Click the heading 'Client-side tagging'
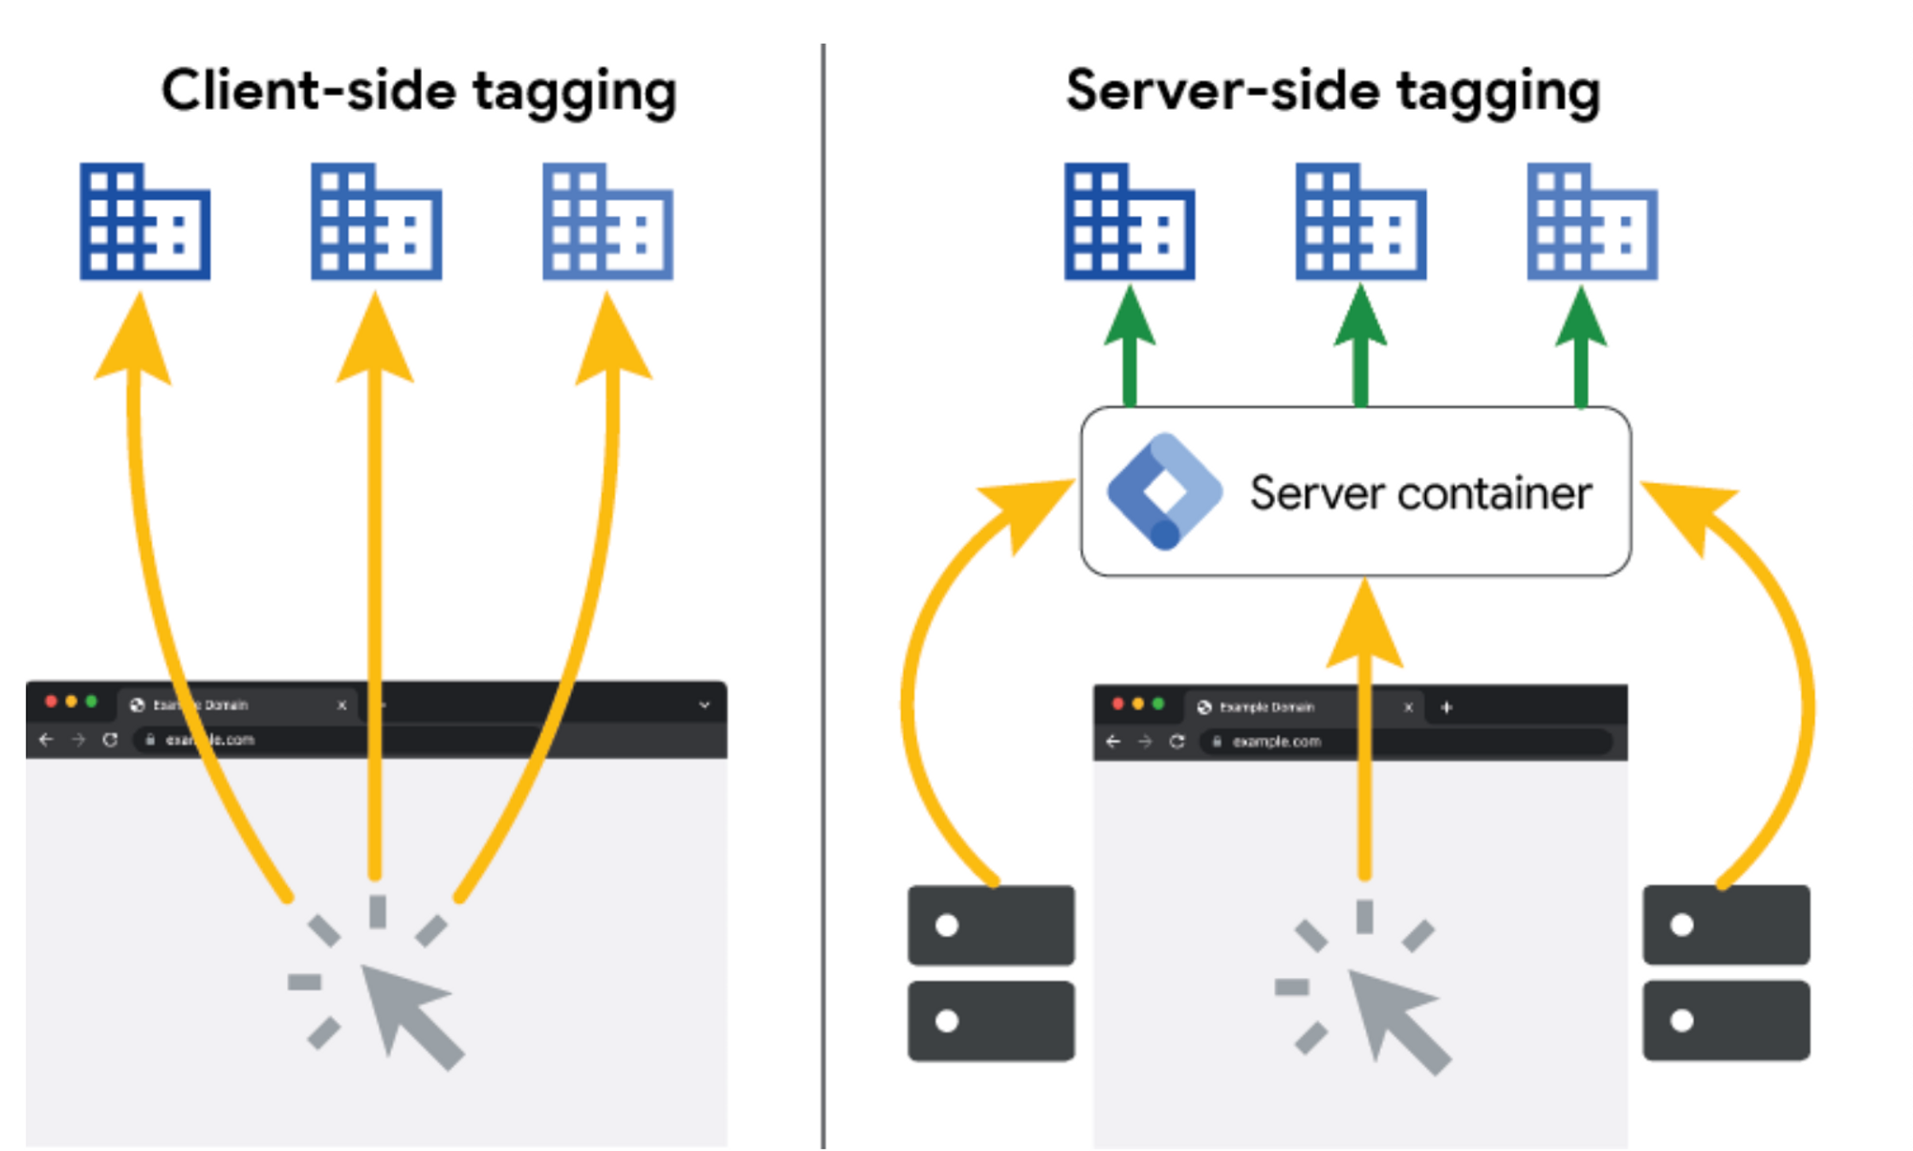pyautogui.click(x=419, y=92)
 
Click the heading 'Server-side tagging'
pyautogui.click(x=1332, y=92)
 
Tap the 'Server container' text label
pyautogui.click(x=1419, y=493)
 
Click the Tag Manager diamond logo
pyautogui.click(x=1164, y=491)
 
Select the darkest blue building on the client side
pyautogui.click(x=144, y=222)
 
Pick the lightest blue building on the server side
pyautogui.click(x=1592, y=222)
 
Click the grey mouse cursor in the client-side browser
pyautogui.click(x=407, y=1011)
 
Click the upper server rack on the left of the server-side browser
pyautogui.click(x=991, y=924)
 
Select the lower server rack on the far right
pyautogui.click(x=1726, y=1020)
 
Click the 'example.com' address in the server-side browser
pyautogui.click(x=1276, y=741)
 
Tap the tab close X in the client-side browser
pyautogui.click(x=341, y=706)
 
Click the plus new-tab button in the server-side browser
pyautogui.click(x=1446, y=707)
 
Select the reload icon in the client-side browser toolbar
pyautogui.click(x=110, y=740)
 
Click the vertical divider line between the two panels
pyautogui.click(x=823, y=593)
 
